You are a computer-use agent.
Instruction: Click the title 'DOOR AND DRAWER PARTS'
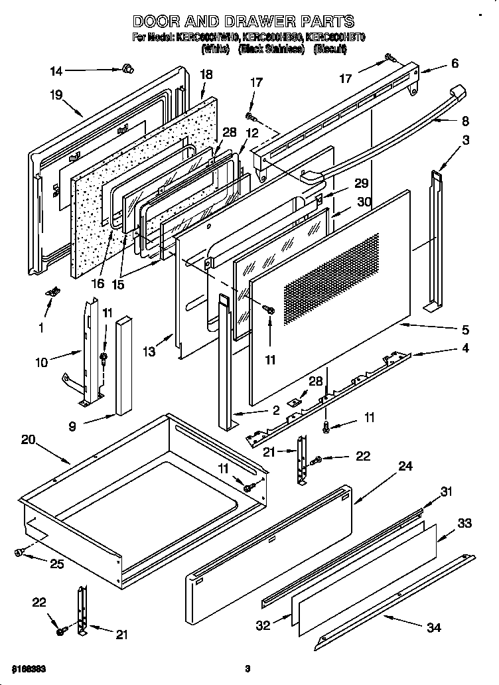(x=244, y=22)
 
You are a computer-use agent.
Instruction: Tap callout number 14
(x=56, y=71)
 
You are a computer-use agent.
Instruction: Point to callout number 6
(x=455, y=64)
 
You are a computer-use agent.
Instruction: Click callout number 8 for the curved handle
(x=464, y=121)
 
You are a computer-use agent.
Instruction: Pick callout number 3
(x=466, y=140)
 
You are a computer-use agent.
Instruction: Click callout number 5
(x=464, y=329)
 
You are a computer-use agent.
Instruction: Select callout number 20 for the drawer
(x=28, y=439)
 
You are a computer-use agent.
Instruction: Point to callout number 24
(x=405, y=467)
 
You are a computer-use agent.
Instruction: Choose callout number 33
(x=464, y=524)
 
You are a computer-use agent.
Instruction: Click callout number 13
(x=150, y=352)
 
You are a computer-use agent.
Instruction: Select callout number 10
(x=41, y=362)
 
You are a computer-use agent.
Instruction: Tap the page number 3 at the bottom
(x=247, y=668)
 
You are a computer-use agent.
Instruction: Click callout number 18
(x=206, y=75)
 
